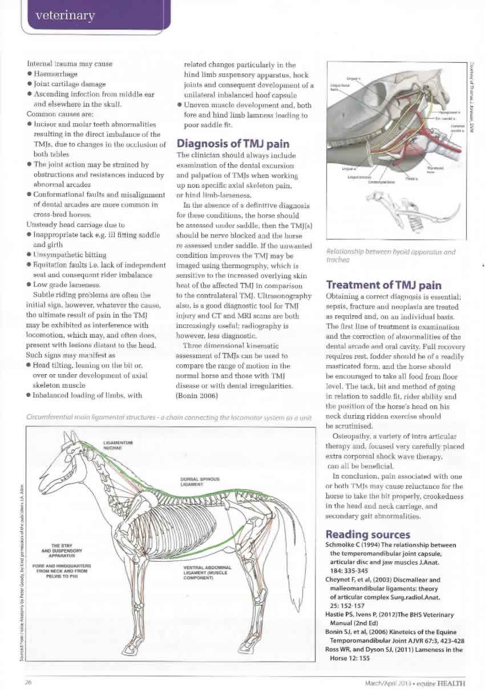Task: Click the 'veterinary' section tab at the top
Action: click(x=64, y=15)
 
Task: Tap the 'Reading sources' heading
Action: click(x=367, y=534)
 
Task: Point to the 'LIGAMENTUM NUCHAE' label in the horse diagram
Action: click(x=118, y=444)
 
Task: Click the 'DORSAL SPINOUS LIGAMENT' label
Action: click(x=196, y=481)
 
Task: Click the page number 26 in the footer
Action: click(x=27, y=681)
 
